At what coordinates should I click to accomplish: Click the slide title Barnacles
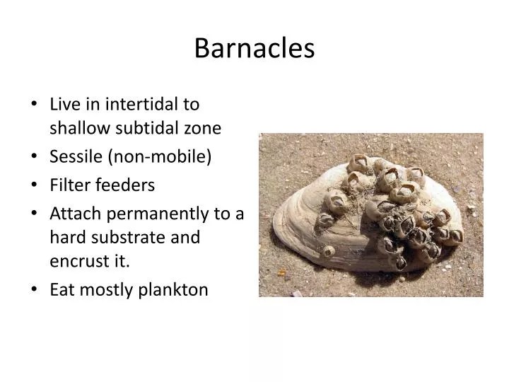(254, 48)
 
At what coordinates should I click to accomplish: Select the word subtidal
(148, 128)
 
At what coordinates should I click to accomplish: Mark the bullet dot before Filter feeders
(35, 185)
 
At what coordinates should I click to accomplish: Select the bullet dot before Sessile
(35, 157)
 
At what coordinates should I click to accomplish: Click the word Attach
(74, 213)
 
